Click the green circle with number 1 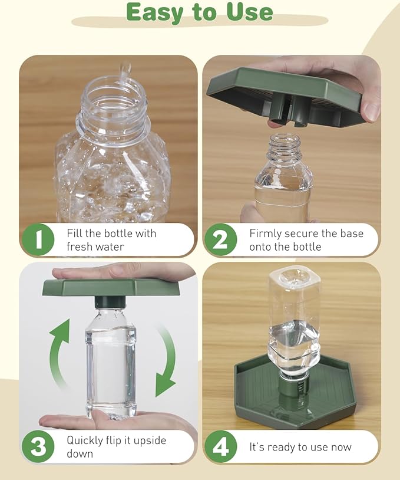click(38, 239)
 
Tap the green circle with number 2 click(221, 239)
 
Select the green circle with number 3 click(38, 446)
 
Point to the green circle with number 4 click(221, 446)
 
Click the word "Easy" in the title click(155, 13)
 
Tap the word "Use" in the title click(250, 12)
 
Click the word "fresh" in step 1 click(80, 246)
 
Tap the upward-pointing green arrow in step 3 click(61, 352)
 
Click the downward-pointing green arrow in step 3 click(166, 361)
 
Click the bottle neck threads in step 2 click(284, 145)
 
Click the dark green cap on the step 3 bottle click(110, 302)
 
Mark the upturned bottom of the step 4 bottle click(295, 278)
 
